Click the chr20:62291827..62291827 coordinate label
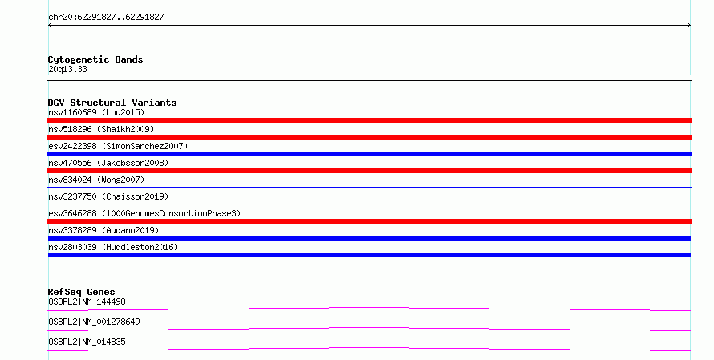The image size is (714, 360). point(106,18)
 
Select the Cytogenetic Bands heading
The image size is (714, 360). point(95,59)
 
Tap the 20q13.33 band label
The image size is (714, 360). point(67,69)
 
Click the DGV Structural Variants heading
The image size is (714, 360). point(112,103)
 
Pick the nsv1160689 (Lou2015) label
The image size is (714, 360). point(96,112)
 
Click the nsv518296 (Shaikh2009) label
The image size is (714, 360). point(101,129)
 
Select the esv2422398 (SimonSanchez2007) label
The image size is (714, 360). point(118,146)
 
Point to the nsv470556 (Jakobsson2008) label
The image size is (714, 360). point(108,163)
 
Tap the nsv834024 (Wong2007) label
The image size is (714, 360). point(96,180)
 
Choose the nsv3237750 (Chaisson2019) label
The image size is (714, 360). point(108,196)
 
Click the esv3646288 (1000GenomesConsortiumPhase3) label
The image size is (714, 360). point(144,213)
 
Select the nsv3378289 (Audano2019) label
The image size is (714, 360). point(103,230)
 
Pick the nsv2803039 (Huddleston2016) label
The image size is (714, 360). point(113,247)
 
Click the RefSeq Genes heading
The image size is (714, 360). point(81,292)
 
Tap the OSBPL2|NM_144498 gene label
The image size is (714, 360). point(87,301)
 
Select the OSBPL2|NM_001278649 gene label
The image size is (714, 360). point(94,322)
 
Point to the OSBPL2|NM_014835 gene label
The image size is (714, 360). point(87,342)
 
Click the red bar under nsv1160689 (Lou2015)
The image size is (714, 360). point(369,120)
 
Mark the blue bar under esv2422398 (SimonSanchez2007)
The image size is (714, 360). point(369,154)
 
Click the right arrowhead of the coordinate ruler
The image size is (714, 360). point(689,26)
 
